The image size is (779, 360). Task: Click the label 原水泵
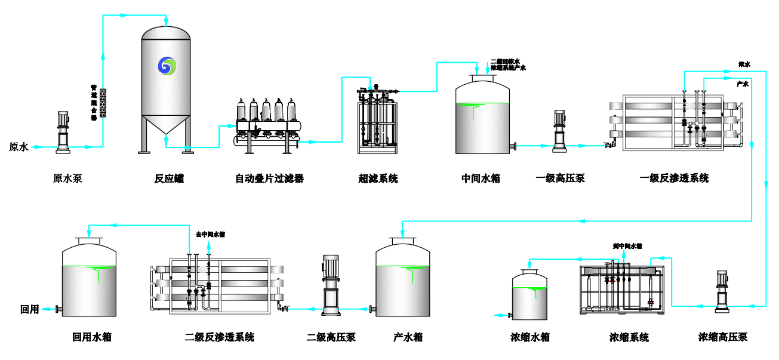67,179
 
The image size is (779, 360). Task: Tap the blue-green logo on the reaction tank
168,65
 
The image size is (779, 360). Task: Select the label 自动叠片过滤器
269,179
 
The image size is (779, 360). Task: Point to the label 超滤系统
378,179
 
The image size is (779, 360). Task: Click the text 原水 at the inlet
19,147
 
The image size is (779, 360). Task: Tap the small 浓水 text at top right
744,64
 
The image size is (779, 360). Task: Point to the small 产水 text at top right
742,84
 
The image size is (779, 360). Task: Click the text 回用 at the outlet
29,309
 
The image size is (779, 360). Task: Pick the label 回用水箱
92,337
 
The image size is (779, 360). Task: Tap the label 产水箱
408,337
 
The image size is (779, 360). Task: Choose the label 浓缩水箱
530,337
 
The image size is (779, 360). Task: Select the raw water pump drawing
63,131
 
